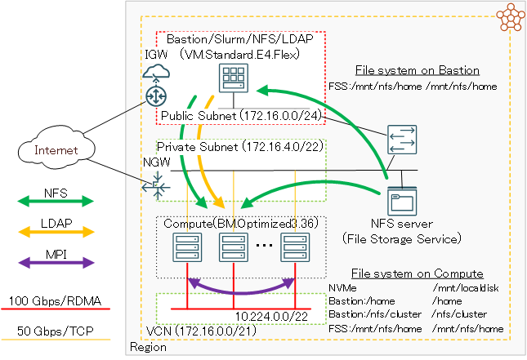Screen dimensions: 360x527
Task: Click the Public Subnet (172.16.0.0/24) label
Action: [240, 117]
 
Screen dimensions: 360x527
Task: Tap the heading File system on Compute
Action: [417, 273]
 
